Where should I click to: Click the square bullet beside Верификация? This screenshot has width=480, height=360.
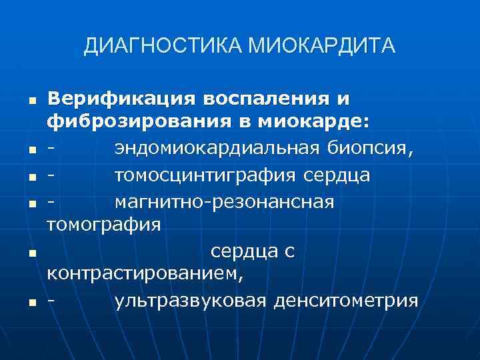tap(31, 100)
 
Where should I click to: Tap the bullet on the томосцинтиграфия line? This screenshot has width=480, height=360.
tap(31, 176)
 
